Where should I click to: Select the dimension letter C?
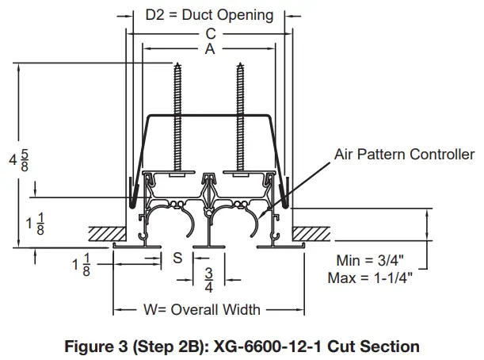[209, 33]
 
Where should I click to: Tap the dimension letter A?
[209, 48]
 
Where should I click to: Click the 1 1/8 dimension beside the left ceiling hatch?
[36, 224]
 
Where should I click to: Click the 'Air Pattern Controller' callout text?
[405, 154]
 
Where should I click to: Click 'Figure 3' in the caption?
[94, 346]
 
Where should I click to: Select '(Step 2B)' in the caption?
[170, 346]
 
